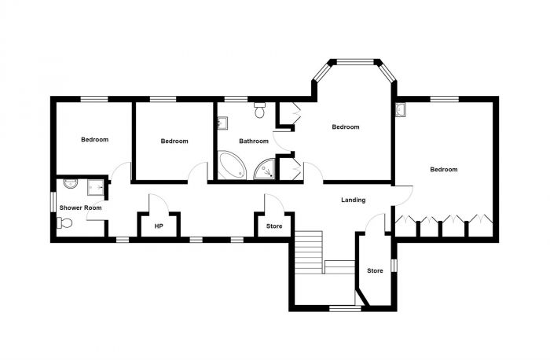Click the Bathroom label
click(254, 141)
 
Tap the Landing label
click(353, 200)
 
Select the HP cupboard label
click(158, 226)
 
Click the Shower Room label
click(81, 208)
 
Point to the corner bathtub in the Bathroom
click(231, 166)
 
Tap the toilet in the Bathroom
click(259, 112)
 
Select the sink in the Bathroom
click(222, 123)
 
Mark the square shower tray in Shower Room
click(95, 186)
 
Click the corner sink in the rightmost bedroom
click(401, 109)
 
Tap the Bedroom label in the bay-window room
click(345, 127)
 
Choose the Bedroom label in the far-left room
click(94, 140)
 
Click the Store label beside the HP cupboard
click(273, 226)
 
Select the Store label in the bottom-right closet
click(375, 271)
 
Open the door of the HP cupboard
click(155, 203)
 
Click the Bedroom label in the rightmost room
click(443, 169)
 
